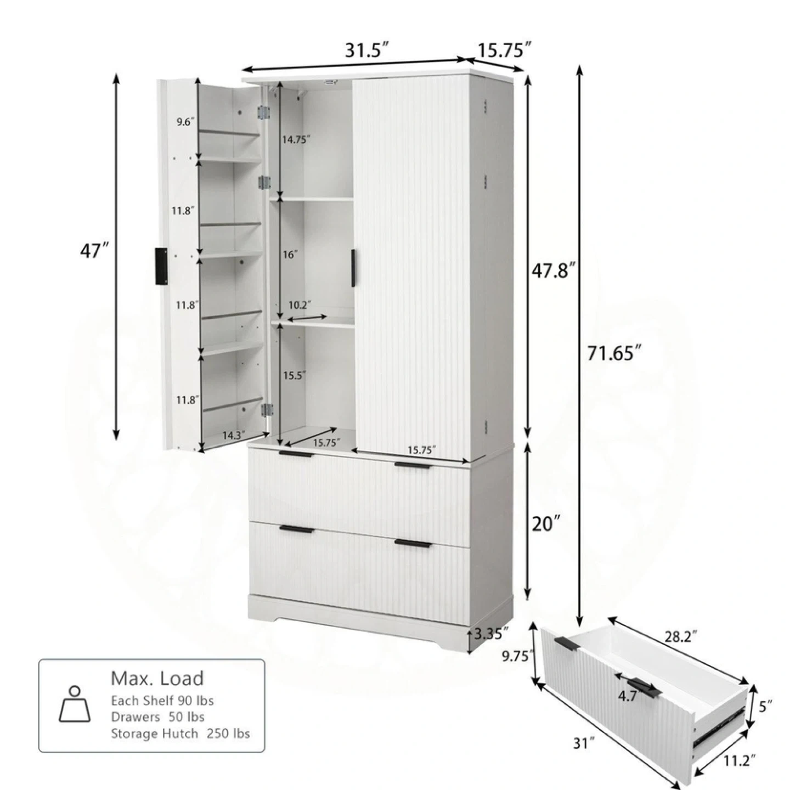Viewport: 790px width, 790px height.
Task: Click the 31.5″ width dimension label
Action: [x=366, y=51]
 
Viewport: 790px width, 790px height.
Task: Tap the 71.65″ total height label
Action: [x=614, y=353]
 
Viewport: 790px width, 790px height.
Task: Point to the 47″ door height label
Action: [x=95, y=251]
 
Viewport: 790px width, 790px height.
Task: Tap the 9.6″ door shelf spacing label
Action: [x=185, y=122]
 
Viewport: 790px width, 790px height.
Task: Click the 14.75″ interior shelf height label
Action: [x=296, y=140]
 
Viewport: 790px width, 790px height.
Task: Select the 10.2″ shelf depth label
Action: [x=300, y=305]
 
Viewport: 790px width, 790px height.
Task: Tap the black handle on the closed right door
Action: [x=353, y=268]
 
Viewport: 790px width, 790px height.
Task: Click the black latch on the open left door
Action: [x=161, y=266]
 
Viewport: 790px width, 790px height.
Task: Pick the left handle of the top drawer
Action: [x=296, y=454]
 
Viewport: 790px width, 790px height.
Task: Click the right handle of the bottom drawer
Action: [x=413, y=544]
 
